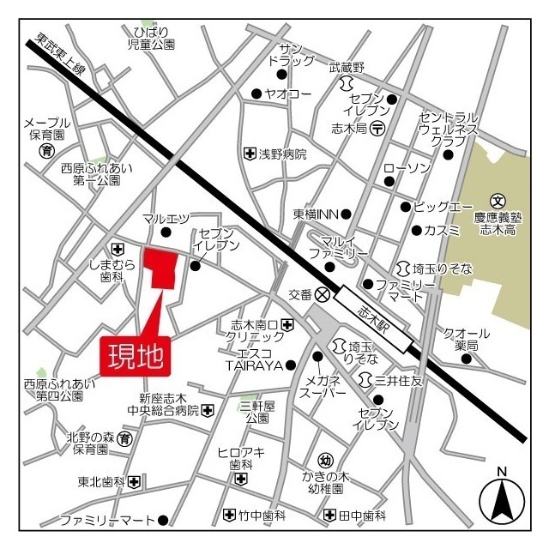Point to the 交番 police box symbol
coord(323,293)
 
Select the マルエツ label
coord(166,219)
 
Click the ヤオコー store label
coord(287,94)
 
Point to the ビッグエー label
coord(443,207)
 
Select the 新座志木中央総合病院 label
coord(169,404)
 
